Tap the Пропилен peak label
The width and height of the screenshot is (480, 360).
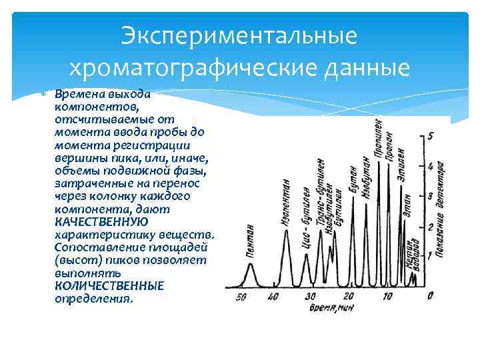(x=379, y=139)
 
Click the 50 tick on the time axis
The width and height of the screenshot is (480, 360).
(x=241, y=297)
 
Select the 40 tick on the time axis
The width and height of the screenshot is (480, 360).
(x=273, y=297)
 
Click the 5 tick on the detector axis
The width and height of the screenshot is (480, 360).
(x=432, y=136)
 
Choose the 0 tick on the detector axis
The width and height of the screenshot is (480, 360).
(x=432, y=294)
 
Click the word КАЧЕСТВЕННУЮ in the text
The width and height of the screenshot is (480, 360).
(x=101, y=221)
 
